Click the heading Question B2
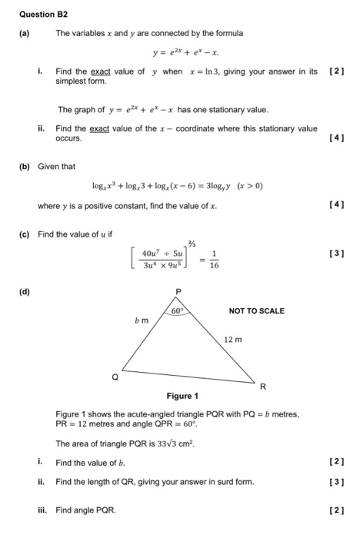(x=38, y=13)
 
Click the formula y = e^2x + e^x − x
(x=185, y=53)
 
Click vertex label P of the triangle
(x=180, y=293)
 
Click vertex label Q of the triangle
(x=115, y=377)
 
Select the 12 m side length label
(x=232, y=339)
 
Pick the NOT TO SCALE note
(x=256, y=311)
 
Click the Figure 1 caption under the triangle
(x=182, y=396)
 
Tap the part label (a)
(x=25, y=33)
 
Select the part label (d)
(x=25, y=293)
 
